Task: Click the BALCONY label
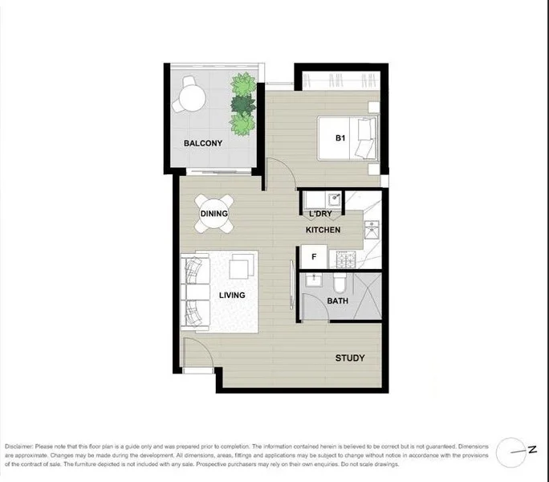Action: pyautogui.click(x=202, y=144)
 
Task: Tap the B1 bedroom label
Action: pyautogui.click(x=340, y=137)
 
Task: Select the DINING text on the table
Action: pyautogui.click(x=214, y=214)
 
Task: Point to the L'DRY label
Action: pyautogui.click(x=320, y=214)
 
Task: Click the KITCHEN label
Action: pyautogui.click(x=323, y=231)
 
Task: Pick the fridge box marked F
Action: pyautogui.click(x=314, y=257)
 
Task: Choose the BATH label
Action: pyautogui.click(x=337, y=301)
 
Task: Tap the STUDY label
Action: pyautogui.click(x=349, y=358)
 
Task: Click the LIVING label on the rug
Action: pyautogui.click(x=232, y=296)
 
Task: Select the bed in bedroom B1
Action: pyautogui.click(x=347, y=138)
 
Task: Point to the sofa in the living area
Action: pyautogui.click(x=195, y=291)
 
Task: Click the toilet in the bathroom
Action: pyautogui.click(x=340, y=283)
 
